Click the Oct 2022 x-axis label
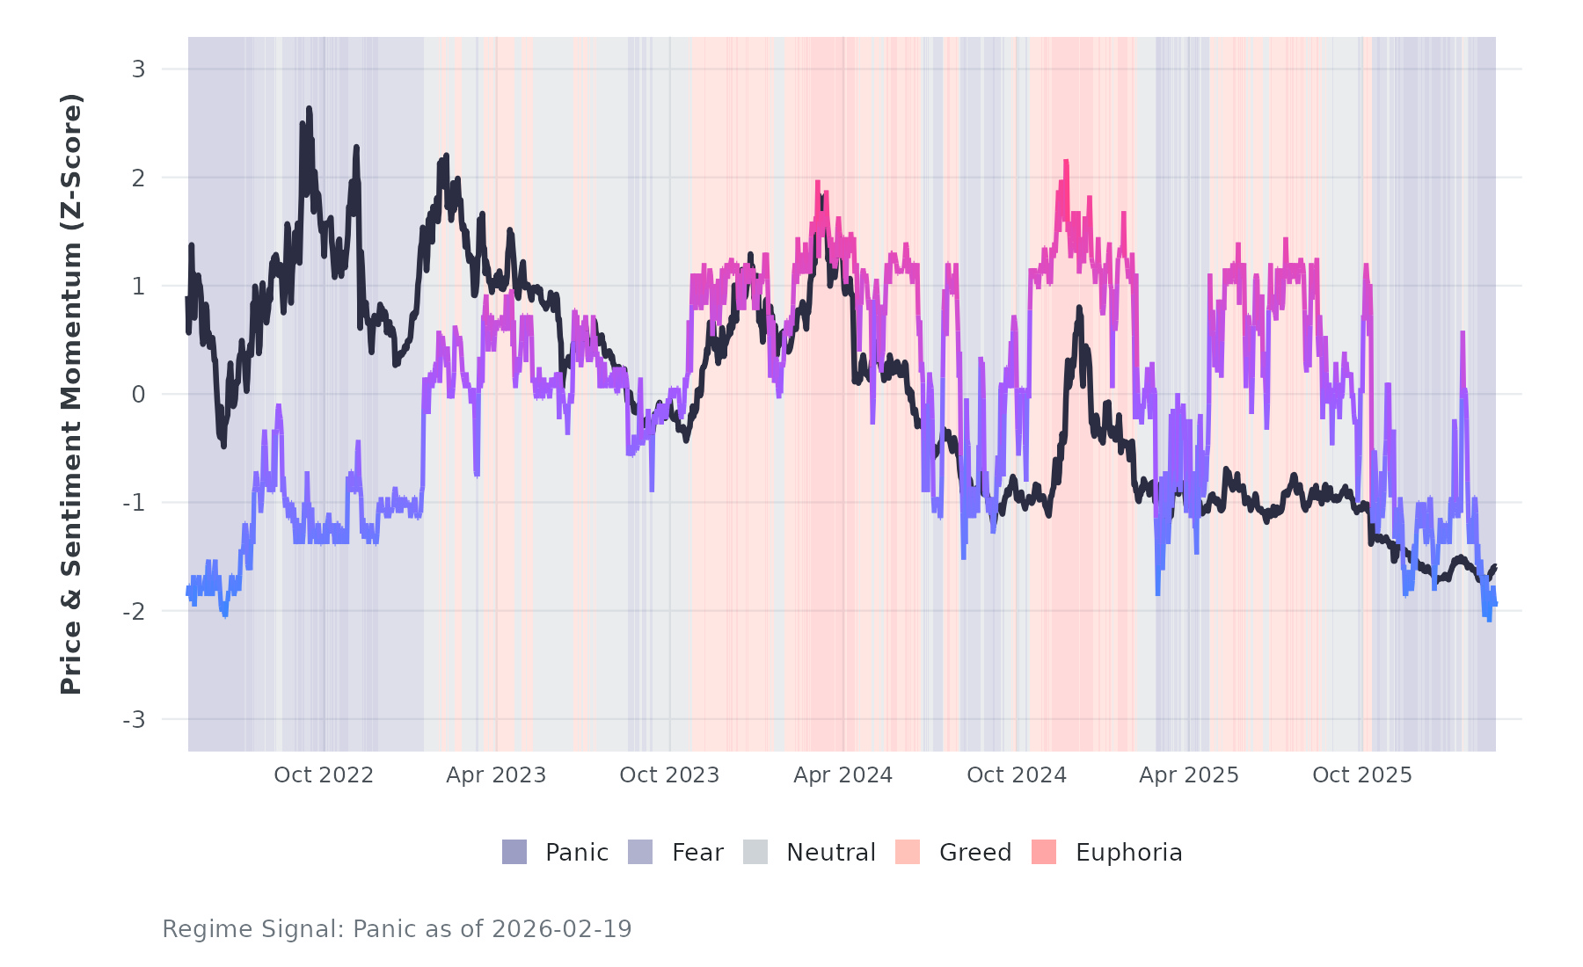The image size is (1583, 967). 324,775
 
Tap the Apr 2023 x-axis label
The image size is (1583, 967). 496,775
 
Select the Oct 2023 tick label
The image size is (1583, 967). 669,775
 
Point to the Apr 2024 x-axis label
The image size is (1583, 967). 843,775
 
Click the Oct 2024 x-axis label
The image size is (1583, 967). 1017,775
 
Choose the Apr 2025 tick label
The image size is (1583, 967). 1189,775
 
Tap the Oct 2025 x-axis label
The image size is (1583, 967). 1362,775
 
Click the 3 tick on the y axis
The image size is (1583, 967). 138,69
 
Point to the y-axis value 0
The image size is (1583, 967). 138,395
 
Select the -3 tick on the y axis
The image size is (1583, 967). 134,720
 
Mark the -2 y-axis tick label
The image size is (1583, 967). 134,612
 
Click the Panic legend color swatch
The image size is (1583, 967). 514,852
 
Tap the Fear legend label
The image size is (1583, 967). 697,853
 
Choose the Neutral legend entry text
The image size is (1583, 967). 831,853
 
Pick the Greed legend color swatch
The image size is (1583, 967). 908,852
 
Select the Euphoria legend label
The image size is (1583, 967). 1128,853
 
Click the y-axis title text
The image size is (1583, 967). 71,394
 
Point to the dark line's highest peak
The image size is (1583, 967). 309,109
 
